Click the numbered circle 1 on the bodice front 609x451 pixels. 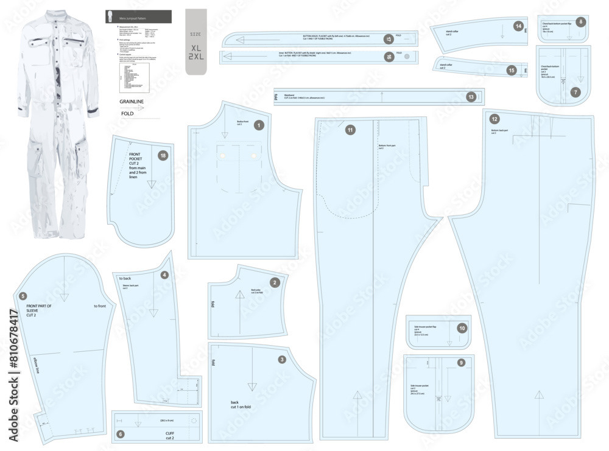coord(259,125)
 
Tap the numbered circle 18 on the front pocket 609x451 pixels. coord(163,155)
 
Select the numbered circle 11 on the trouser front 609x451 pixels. coord(350,129)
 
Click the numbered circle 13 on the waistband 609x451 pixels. coord(471,97)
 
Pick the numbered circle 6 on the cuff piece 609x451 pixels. coord(120,434)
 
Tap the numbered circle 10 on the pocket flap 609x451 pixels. coord(462,327)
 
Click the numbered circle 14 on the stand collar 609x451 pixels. coord(518,26)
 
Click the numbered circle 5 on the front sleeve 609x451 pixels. coord(23,296)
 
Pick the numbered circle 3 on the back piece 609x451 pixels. coord(282,359)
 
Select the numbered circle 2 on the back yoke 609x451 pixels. coord(275,282)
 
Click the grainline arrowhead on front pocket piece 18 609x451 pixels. coord(151,185)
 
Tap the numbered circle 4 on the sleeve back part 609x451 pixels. coord(164,274)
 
